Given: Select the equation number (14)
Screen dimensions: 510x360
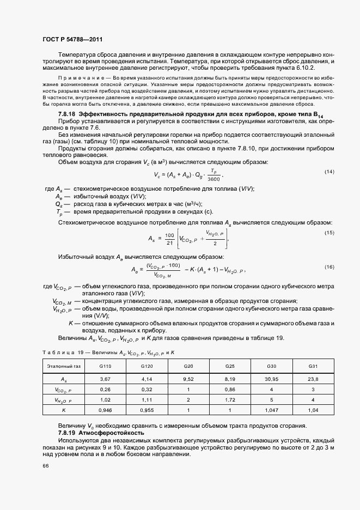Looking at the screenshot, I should (x=329, y=172).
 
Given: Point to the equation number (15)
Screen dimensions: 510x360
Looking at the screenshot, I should (x=329, y=233).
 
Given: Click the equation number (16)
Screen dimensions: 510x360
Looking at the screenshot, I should (x=329, y=266).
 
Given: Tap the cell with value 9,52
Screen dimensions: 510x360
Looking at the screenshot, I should (x=188, y=378).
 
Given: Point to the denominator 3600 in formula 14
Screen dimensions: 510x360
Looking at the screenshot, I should (x=213, y=178).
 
